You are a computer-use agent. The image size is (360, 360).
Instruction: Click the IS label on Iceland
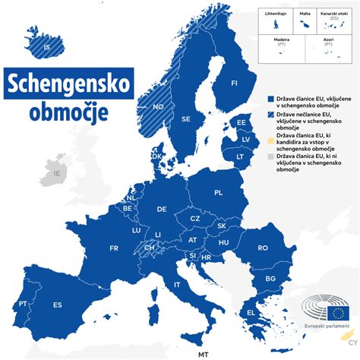(47, 48)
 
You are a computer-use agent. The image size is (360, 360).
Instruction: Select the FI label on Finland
(234, 83)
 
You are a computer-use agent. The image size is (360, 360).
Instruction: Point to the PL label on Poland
(218, 193)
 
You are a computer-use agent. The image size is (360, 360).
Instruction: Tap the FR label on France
(114, 248)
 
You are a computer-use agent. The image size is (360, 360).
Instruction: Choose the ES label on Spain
(58, 305)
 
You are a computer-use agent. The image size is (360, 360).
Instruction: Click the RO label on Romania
(263, 248)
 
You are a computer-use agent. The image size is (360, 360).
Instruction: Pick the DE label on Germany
(162, 209)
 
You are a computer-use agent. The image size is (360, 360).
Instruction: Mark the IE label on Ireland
(55, 173)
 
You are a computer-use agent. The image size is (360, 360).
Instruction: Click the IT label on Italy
(178, 284)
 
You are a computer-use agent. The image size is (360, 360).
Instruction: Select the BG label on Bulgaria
(269, 279)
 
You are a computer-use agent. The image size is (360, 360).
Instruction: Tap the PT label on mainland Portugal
(24, 303)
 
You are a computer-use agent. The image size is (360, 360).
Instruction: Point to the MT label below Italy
(203, 354)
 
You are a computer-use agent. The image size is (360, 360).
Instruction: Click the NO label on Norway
(158, 107)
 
